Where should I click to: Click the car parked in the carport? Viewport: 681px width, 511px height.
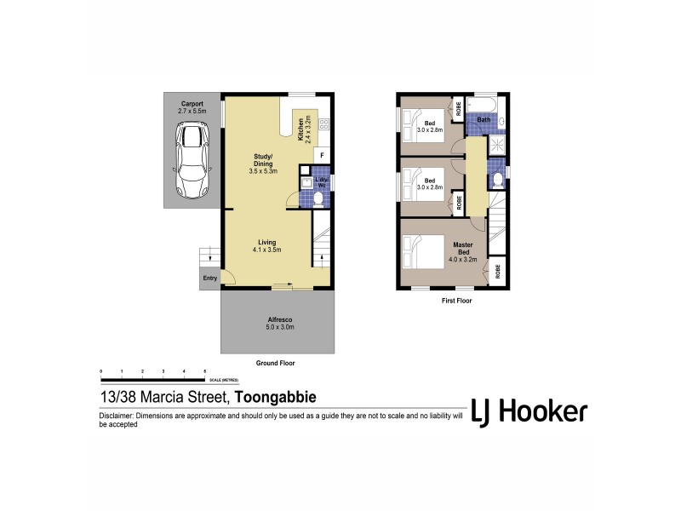point(192,160)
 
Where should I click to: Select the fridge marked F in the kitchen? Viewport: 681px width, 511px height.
point(322,155)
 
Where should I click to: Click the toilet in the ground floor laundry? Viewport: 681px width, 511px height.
point(318,198)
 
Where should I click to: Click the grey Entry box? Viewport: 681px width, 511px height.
point(209,278)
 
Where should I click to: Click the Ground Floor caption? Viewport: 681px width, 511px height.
point(277,362)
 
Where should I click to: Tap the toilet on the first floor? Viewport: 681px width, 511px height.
point(496,178)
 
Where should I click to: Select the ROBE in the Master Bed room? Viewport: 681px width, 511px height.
point(496,271)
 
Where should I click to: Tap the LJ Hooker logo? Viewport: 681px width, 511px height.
point(528,411)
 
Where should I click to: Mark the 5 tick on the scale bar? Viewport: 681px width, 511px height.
point(204,372)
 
